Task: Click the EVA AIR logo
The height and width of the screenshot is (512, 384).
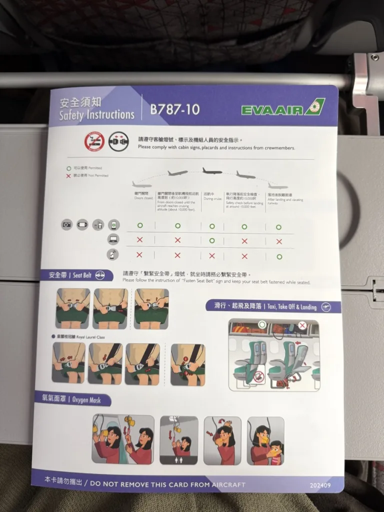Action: [282, 108]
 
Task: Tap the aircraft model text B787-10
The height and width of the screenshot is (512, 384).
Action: [174, 109]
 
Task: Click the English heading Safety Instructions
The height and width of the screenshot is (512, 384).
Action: [96, 115]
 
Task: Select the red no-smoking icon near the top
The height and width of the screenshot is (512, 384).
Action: [93, 142]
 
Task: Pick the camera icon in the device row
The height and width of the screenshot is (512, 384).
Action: [66, 224]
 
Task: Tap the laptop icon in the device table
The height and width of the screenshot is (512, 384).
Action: [113, 239]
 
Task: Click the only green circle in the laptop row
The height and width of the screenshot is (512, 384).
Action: [212, 240]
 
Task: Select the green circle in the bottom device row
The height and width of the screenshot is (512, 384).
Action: [279, 256]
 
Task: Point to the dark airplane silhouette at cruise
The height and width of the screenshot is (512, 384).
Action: [212, 171]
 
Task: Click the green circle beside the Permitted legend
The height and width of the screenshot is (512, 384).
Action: [68, 168]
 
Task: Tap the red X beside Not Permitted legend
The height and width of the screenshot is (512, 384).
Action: [68, 176]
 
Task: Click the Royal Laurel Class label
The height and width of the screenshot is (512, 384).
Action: [80, 337]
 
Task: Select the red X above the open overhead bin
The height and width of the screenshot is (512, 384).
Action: [301, 325]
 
